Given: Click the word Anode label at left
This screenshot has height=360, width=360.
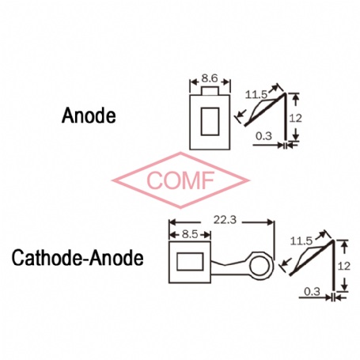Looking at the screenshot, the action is pos(89,116).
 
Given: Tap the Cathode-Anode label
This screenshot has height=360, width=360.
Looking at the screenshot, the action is pos(78,258).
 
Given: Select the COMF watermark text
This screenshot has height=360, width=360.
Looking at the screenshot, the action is pos(180,180).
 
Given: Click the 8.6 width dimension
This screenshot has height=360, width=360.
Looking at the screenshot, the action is pos(210,78).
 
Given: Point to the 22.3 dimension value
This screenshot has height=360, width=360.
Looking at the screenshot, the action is pos(225,219).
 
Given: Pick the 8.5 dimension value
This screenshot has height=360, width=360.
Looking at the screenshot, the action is pos(190,234).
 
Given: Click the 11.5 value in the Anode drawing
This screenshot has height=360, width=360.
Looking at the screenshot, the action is pos(256,94).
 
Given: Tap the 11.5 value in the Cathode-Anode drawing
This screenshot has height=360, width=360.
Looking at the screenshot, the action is pos(301,241).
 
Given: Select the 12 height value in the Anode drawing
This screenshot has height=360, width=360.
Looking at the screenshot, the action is pos(295,118).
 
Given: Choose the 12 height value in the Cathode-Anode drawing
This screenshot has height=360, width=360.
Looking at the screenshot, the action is pos(344,266).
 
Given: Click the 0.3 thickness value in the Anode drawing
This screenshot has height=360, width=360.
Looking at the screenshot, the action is pos(263,136).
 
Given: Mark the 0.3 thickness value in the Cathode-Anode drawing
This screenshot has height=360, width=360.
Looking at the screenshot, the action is pos(312,292).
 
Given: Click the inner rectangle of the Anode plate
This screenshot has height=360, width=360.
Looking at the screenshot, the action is pos(210,122).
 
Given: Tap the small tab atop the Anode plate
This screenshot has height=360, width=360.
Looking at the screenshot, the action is pos(210,90).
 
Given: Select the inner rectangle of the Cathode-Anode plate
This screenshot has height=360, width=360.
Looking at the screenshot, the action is pos(190,262).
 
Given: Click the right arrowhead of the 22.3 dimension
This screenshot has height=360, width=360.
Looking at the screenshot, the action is pos(271,222).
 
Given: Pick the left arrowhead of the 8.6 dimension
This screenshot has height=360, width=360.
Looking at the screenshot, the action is pos(194,82).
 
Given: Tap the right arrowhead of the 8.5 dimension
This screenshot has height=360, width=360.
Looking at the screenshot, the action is pos(207,234).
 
